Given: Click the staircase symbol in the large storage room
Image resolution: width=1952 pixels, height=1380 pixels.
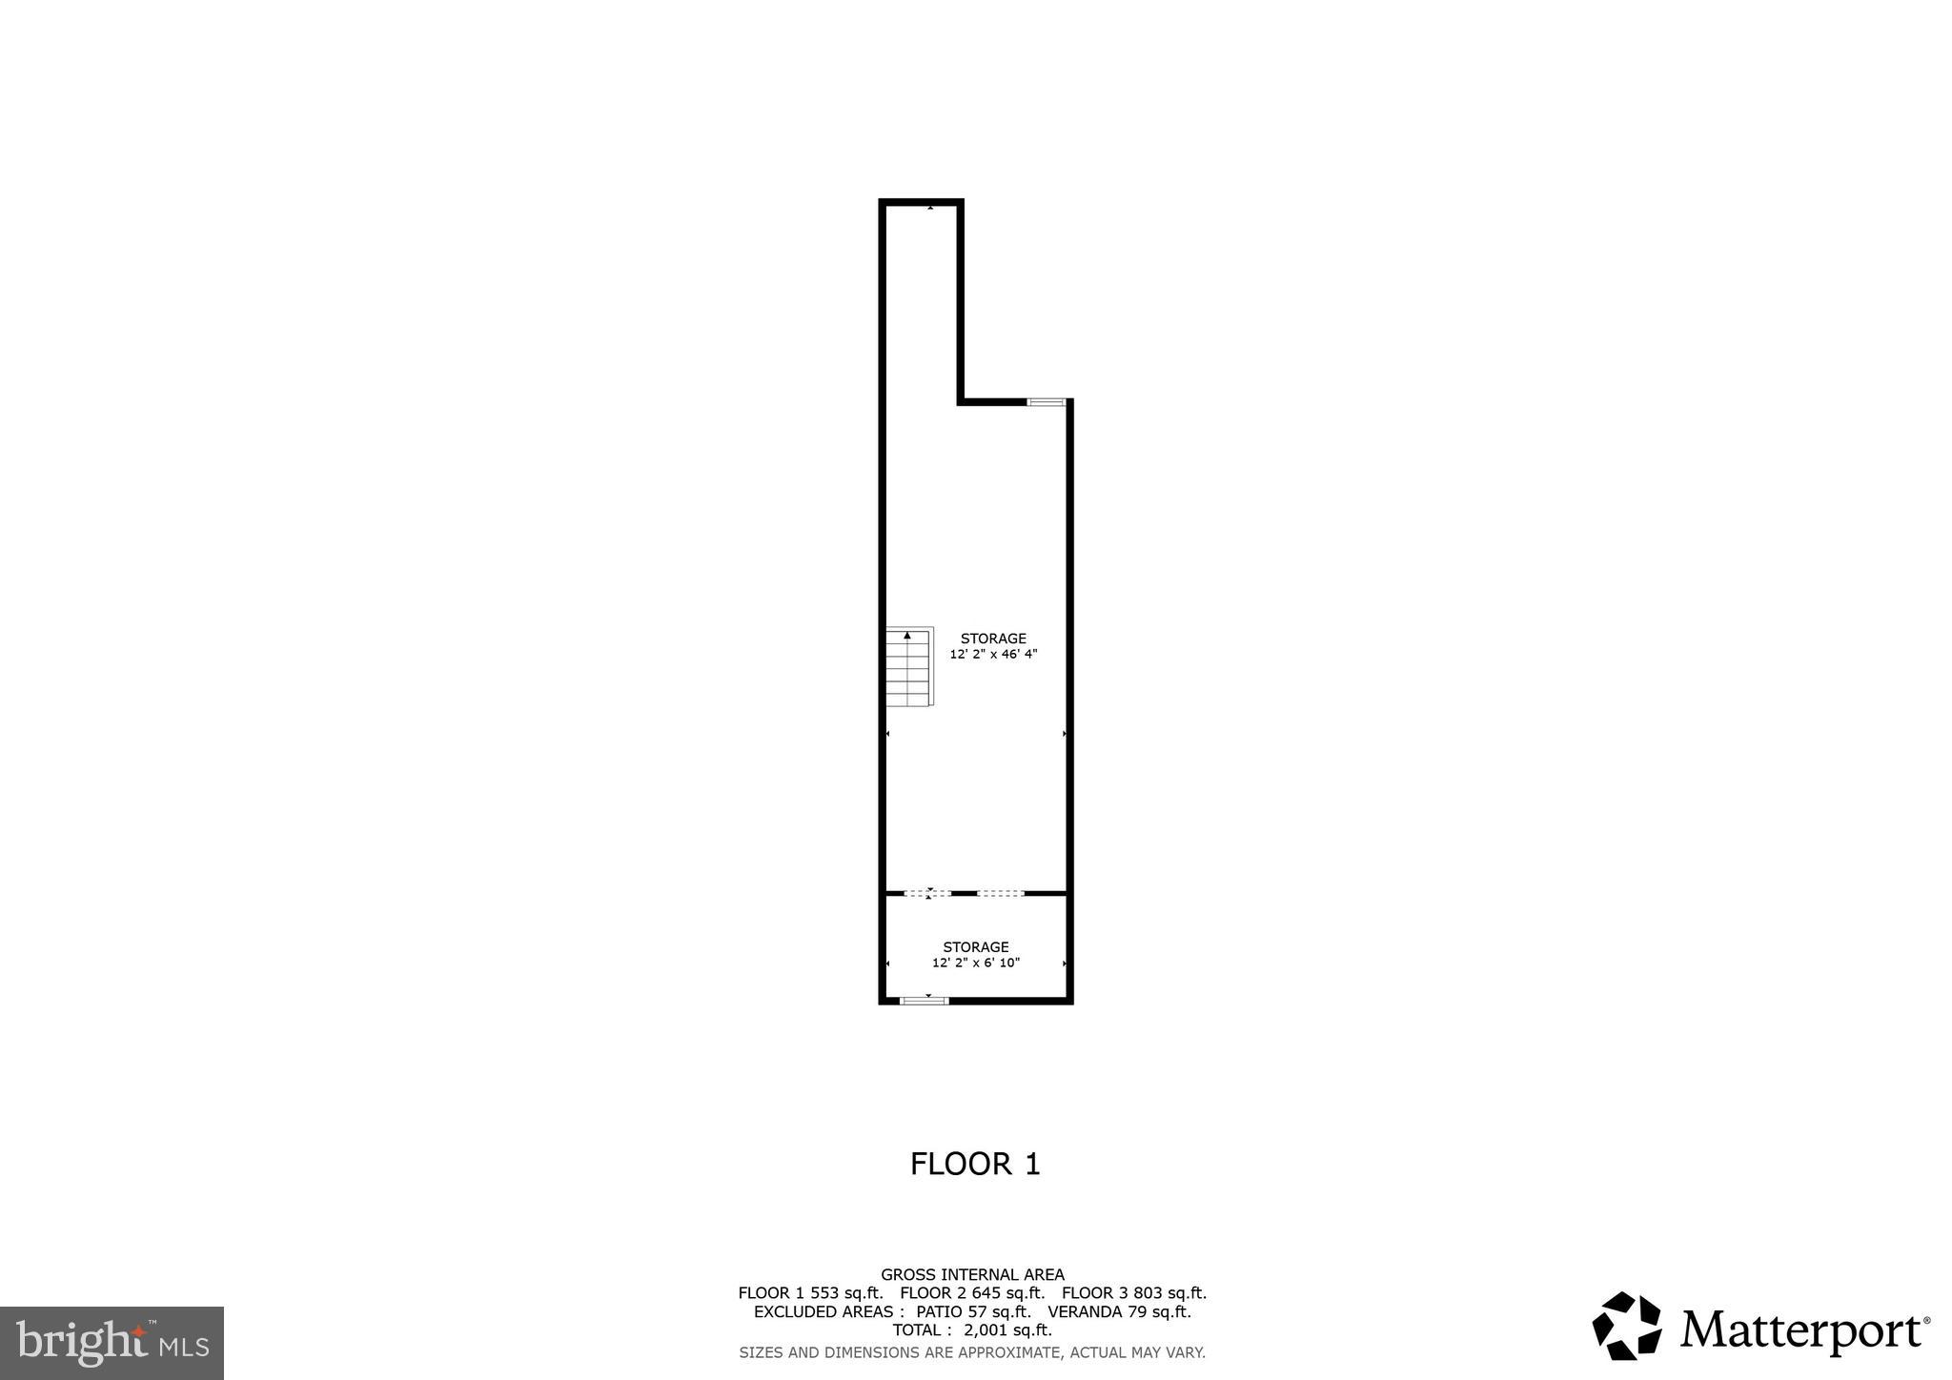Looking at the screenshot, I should coord(908,667).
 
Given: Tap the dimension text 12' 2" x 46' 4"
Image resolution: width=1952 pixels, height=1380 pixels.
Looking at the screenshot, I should coord(993,655).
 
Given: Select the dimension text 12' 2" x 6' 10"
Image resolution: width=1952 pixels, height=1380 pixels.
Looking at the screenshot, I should coord(976,963).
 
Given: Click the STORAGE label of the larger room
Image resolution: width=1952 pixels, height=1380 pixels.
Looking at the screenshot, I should coord(993,639).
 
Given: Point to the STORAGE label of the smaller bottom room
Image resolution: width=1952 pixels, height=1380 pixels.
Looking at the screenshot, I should coord(976,946).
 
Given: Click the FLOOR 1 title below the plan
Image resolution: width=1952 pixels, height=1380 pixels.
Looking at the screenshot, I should coord(975,1164).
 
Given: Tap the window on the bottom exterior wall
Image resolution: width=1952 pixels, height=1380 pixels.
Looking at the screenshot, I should coord(925,1000).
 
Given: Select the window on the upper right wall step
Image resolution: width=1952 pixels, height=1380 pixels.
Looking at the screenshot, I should coord(1046,402).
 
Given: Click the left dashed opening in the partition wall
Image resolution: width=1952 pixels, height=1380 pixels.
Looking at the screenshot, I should coord(927,893).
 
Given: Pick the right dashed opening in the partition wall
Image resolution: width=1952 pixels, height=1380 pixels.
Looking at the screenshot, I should coord(1001,893).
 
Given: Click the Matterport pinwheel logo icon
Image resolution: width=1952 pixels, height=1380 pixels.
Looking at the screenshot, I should coord(1627,1326).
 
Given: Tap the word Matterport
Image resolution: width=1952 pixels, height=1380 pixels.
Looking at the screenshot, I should coord(1801,1330).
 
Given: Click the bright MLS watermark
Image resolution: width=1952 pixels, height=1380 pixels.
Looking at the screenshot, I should coord(112,1343).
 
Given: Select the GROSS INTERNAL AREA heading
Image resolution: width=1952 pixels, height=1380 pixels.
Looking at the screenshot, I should coord(972,1274).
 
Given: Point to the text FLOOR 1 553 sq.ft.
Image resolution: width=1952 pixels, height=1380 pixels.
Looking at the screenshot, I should coord(810,1293).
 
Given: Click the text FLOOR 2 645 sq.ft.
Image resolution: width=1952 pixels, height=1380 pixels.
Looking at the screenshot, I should coord(972,1293).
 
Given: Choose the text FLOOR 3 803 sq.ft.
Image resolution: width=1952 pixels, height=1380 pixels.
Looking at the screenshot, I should coord(1134,1293).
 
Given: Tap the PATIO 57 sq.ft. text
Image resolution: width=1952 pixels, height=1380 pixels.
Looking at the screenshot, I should coord(973,1311).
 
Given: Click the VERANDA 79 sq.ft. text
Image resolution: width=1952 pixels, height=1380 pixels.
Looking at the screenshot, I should coord(1119,1311).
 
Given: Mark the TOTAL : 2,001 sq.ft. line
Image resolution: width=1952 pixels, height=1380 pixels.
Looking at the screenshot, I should coord(972,1329).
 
